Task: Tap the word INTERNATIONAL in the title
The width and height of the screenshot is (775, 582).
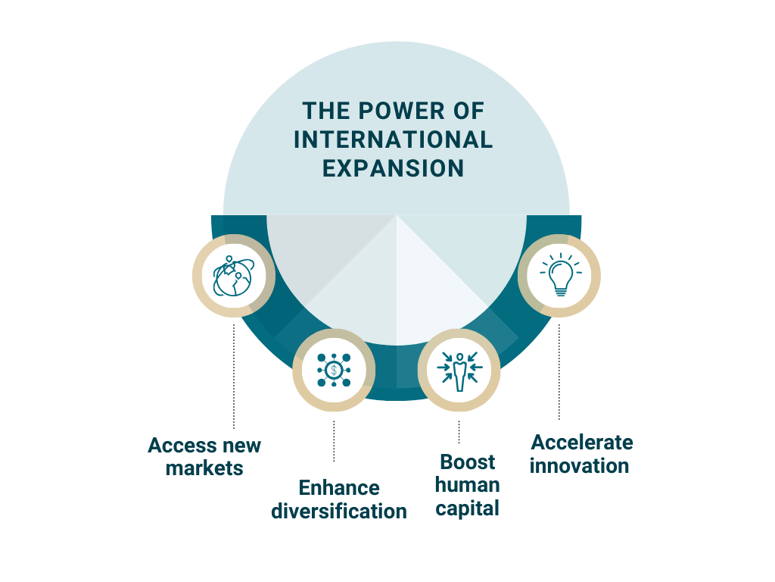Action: [393, 139]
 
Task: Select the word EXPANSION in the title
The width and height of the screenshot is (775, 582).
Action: [393, 167]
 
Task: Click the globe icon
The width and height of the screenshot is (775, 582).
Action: [233, 275]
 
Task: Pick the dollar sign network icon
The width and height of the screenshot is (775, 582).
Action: [334, 371]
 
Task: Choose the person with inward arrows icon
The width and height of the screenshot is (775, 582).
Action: [459, 371]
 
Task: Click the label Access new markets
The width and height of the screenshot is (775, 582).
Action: [204, 456]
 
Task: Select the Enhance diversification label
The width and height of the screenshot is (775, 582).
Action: [339, 499]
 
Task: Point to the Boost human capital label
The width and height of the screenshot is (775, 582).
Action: [468, 485]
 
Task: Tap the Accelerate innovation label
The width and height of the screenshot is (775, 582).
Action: [581, 453]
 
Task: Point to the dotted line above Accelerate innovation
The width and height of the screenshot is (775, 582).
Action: [559, 371]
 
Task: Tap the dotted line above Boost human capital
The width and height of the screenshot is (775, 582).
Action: [459, 432]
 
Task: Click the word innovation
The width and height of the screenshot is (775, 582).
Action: [580, 465]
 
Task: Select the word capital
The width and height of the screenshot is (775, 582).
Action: [468, 508]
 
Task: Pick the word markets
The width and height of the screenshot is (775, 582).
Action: [204, 468]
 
